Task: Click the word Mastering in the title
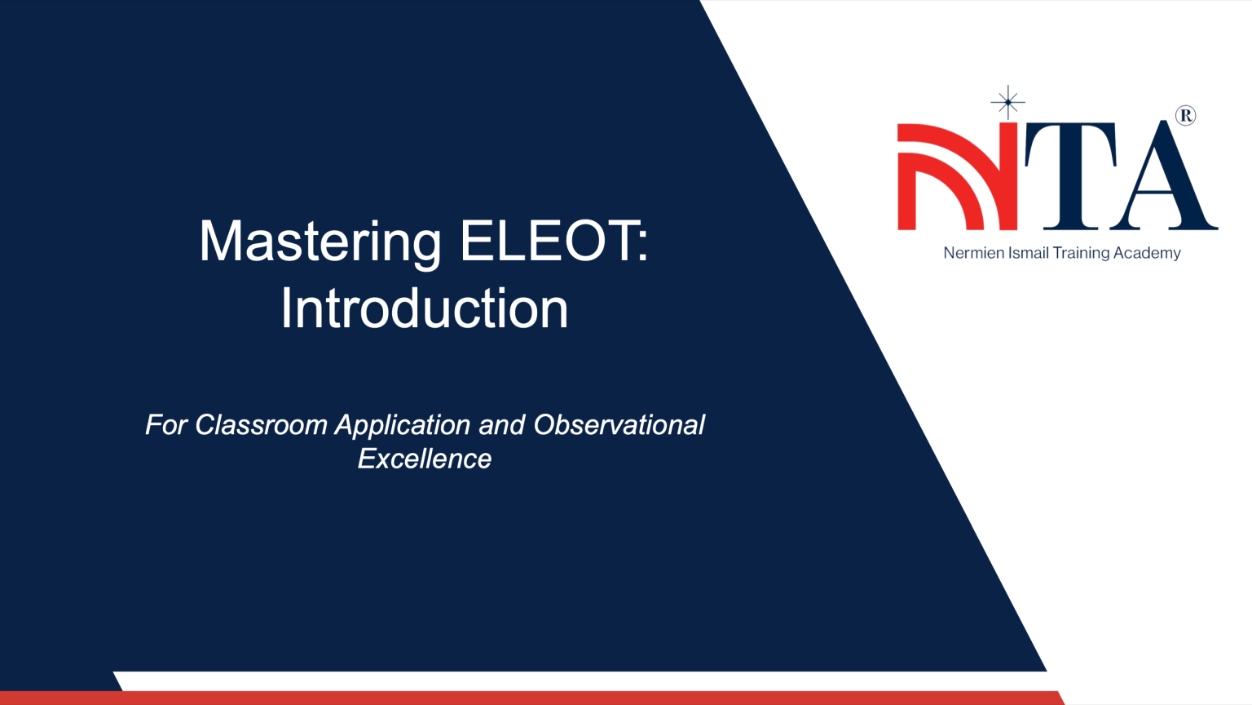320,242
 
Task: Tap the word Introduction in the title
424,309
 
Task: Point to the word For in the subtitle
166,425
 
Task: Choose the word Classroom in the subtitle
261,425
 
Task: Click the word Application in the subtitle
403,426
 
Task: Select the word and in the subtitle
501,425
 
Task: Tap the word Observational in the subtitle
619,425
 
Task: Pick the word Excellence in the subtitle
424,459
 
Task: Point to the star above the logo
1008,102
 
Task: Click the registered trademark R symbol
1186,116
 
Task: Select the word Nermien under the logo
973,253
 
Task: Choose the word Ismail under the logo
1029,253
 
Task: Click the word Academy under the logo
1147,253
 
